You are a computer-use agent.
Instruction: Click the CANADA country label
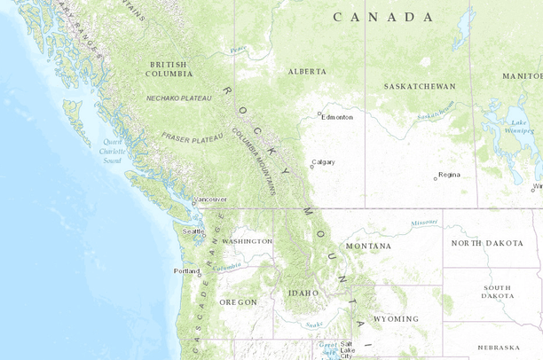[x=383, y=17]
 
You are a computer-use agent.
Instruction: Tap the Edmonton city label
[x=338, y=117]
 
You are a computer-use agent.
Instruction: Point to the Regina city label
[x=450, y=175]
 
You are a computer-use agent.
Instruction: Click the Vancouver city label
[x=210, y=200]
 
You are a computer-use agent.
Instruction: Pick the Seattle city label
[x=193, y=231]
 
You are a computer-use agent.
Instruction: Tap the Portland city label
[x=187, y=270]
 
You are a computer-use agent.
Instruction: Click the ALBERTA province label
[x=307, y=71]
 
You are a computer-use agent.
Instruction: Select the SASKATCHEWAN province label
[x=420, y=87]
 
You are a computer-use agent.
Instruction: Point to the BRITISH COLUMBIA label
[x=169, y=69]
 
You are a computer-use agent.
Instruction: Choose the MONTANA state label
[x=368, y=246]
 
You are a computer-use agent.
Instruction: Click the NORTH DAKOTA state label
[x=485, y=243]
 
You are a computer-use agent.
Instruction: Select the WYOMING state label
[x=396, y=318]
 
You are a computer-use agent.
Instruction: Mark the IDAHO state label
[x=303, y=292]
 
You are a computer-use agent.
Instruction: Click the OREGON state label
[x=238, y=302]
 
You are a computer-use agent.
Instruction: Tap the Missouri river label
[x=424, y=223]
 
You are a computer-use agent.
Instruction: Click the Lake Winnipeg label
[x=519, y=128]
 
